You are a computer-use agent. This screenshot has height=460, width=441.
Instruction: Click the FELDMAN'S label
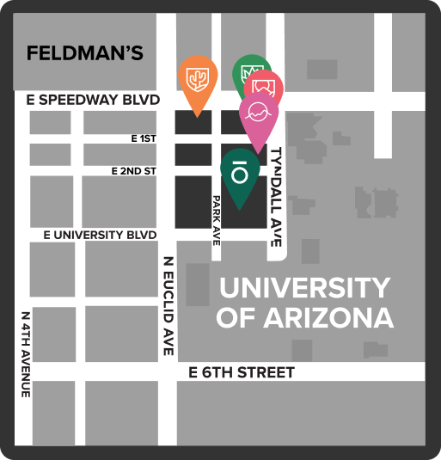tap(84, 53)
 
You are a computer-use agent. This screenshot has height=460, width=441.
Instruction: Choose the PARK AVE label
tap(217, 220)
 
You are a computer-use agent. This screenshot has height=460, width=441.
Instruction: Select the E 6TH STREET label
tap(242, 372)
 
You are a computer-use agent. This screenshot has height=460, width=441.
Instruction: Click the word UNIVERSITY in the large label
tap(303, 286)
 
